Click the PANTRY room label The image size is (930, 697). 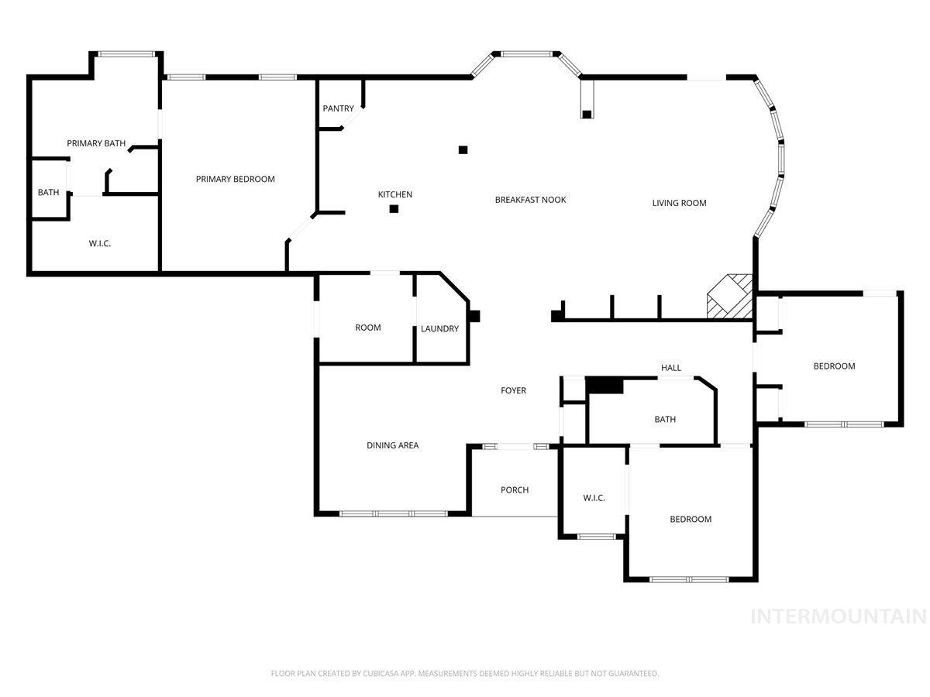click(x=338, y=108)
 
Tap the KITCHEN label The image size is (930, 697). click(x=394, y=194)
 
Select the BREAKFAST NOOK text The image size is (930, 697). click(x=530, y=200)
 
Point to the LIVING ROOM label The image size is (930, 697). click(x=679, y=203)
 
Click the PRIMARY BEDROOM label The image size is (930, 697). click(x=235, y=179)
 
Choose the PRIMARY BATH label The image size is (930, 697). click(x=96, y=143)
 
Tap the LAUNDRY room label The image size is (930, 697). click(x=439, y=328)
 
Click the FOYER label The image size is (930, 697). click(x=513, y=390)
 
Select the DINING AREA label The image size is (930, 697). click(x=392, y=445)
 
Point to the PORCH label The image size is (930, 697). click(x=515, y=489)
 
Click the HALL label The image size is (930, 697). click(x=671, y=367)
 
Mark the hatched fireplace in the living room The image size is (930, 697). click(x=729, y=297)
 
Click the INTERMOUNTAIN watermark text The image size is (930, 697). click(x=839, y=616)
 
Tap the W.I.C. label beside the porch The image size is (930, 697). click(x=594, y=497)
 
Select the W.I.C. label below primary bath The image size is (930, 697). click(x=99, y=243)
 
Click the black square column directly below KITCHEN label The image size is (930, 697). click(x=394, y=208)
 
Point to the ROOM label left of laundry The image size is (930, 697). click(x=367, y=328)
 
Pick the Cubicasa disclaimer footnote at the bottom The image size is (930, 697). click(x=465, y=674)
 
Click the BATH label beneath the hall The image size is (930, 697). click(x=664, y=419)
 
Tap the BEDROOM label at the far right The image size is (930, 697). click(x=833, y=366)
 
